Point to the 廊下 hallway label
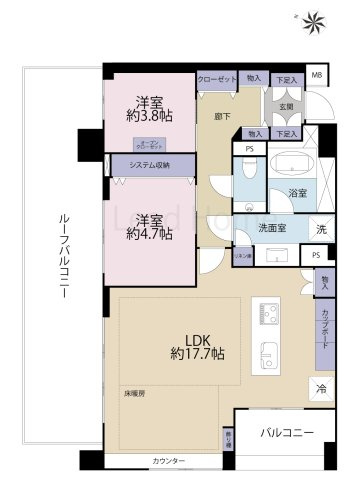[x=223, y=116]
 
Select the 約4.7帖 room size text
[x=150, y=235]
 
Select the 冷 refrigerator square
[x=322, y=388]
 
